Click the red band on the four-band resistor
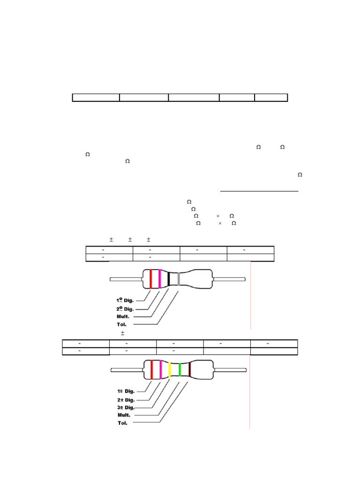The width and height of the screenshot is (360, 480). (x=150, y=279)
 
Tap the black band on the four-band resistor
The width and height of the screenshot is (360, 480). (x=169, y=279)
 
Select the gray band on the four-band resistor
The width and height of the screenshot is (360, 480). (x=179, y=279)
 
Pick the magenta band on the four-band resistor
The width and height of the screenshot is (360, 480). (x=159, y=279)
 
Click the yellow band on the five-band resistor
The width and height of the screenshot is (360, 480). (x=169, y=370)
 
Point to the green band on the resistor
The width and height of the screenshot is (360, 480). (x=180, y=370)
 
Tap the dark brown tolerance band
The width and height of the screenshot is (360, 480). (x=189, y=370)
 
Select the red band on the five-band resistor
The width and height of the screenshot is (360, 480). (x=151, y=370)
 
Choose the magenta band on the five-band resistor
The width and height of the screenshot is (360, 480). (x=160, y=370)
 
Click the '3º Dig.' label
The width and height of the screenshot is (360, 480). (x=126, y=407)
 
